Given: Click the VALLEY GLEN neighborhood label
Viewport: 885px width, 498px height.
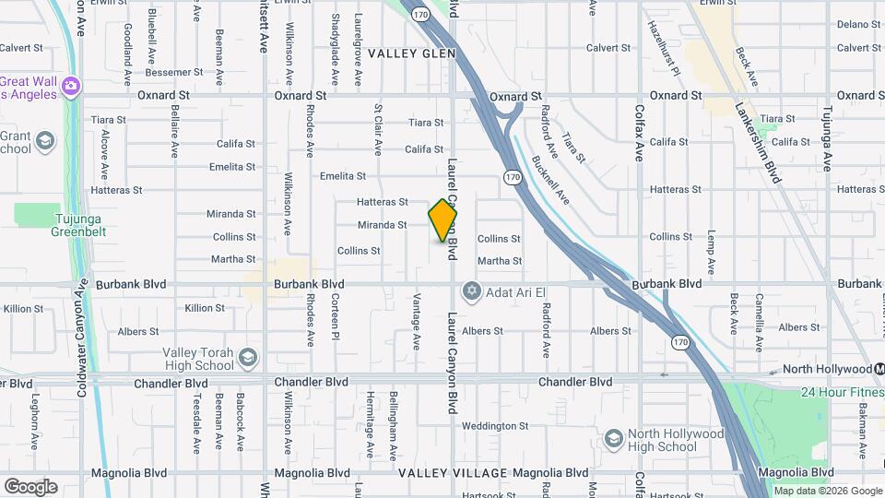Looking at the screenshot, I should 412,53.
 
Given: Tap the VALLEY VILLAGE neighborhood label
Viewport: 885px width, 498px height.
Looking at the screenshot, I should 453,473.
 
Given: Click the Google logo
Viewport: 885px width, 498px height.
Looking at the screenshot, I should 30,486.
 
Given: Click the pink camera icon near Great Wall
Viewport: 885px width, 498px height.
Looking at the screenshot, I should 72,87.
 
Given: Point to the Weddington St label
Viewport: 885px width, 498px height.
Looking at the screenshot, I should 495,426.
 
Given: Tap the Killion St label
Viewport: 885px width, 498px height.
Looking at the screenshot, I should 205,308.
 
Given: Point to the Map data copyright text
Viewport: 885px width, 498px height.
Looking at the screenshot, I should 828,492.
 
